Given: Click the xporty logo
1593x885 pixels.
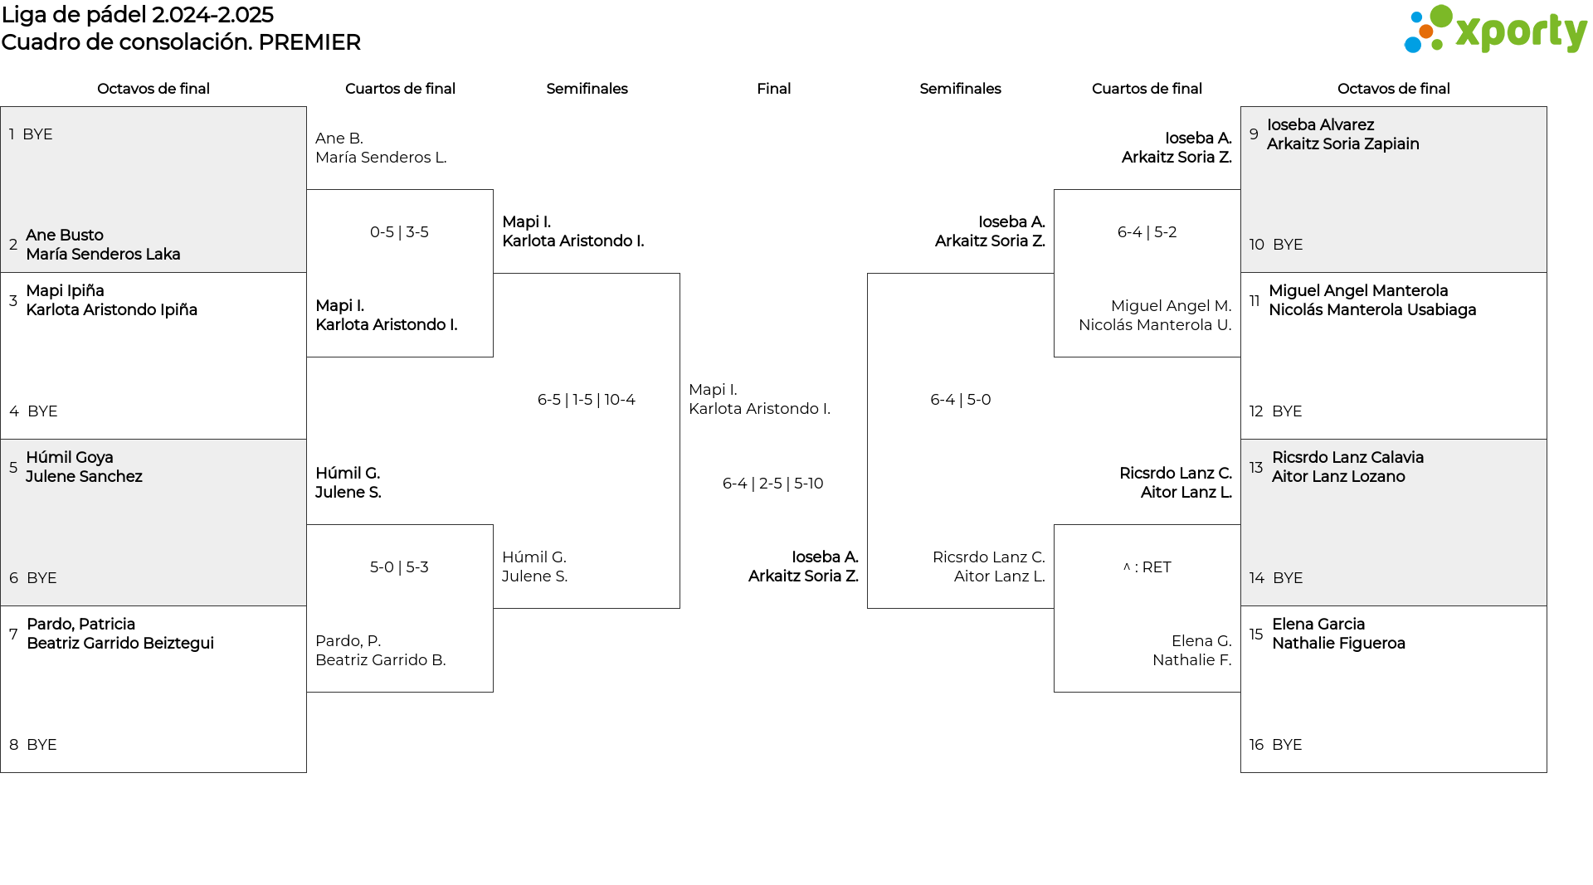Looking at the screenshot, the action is click(x=1495, y=30).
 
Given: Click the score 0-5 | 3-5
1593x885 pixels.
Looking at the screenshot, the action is click(x=399, y=232).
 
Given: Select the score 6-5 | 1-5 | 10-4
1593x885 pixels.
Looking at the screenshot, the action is click(x=587, y=400).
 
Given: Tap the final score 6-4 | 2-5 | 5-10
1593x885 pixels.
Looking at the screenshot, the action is click(x=773, y=484).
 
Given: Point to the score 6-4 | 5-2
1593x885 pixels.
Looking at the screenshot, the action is click(x=1147, y=232).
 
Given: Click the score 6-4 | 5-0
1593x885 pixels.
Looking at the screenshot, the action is click(x=961, y=400).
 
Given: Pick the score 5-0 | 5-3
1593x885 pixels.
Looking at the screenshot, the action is click(x=399, y=567).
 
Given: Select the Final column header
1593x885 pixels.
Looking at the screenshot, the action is click(x=773, y=89).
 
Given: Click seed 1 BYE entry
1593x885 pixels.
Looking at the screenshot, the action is click(x=31, y=134).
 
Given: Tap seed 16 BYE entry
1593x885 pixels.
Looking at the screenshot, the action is click(x=1275, y=745).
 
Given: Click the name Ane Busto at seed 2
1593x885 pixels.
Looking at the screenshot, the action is click(x=65, y=236).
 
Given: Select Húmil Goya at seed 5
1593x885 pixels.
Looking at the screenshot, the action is click(x=70, y=458).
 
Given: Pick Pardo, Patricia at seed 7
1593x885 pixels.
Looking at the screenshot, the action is click(x=80, y=625).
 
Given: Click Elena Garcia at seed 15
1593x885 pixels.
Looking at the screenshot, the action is click(x=1318, y=625).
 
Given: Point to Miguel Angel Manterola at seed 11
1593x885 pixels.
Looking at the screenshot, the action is click(x=1358, y=291).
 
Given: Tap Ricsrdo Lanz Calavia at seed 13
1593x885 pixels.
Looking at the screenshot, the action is click(x=1347, y=458).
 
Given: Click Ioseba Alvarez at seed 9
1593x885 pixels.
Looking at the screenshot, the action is click(x=1320, y=125).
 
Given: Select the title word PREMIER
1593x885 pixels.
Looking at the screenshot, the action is click(x=309, y=42).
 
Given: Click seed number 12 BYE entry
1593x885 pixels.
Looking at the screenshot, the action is click(x=1275, y=411).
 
